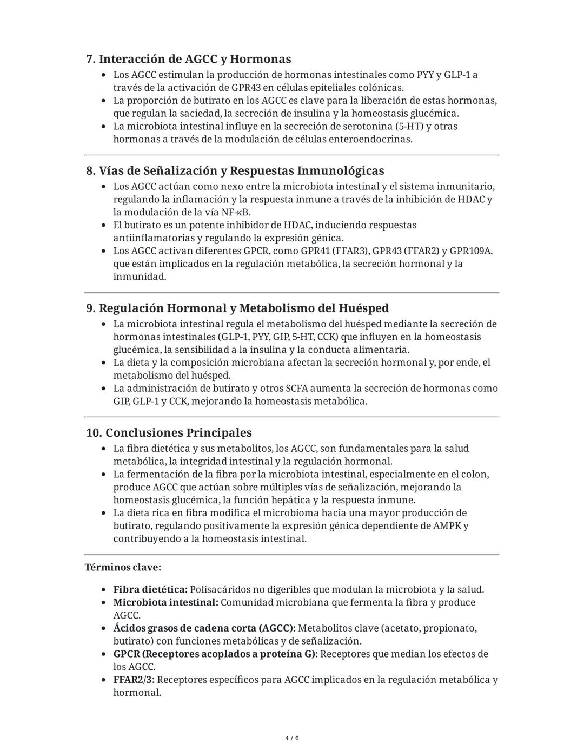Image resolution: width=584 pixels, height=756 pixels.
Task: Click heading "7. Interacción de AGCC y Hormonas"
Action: pos(189,59)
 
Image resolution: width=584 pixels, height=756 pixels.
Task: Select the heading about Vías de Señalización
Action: pos(235,170)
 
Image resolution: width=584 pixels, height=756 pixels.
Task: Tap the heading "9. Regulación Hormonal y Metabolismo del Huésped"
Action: pos(237,308)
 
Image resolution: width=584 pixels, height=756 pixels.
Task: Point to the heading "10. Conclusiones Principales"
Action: pos(169,432)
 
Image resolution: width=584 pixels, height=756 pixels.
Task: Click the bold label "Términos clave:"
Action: pos(123,567)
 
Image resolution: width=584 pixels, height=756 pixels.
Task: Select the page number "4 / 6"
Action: pos(292,738)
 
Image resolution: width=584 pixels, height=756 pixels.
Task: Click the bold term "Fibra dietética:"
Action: pos(150,589)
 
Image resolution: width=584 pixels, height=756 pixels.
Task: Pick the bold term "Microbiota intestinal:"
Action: pos(165,602)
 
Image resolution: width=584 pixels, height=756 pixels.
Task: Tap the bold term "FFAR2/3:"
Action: pos(134,680)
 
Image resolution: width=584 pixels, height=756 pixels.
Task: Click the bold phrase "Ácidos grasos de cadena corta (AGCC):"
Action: pos(204,628)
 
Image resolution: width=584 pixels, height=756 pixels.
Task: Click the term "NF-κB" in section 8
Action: pos(236,212)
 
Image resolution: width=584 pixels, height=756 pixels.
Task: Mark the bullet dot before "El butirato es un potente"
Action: pos(104,225)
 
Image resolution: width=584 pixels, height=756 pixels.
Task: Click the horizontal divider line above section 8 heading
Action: pos(292,155)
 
